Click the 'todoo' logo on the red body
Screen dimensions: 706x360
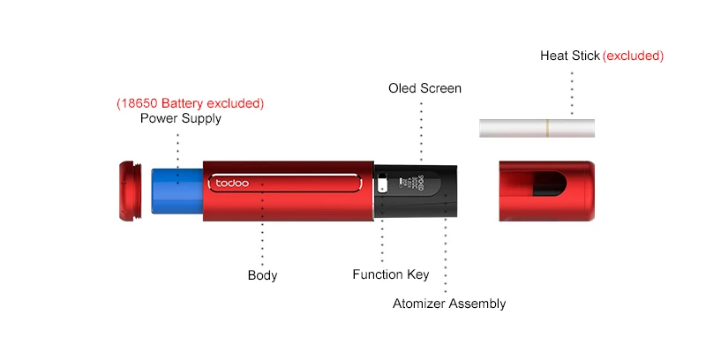pos(232,184)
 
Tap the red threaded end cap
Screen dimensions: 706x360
pos(130,191)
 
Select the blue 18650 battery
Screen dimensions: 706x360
pos(177,191)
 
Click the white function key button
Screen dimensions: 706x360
pos(382,184)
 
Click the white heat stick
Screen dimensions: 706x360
pos(537,128)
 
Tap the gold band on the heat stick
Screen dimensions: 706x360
pos(547,128)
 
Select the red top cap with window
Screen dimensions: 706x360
pos(546,191)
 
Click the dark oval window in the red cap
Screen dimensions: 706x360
pos(549,184)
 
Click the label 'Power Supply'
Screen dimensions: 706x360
pos(181,118)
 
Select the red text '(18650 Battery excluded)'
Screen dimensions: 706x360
pos(190,103)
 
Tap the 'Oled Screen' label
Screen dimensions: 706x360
pos(424,88)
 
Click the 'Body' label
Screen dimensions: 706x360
pos(262,275)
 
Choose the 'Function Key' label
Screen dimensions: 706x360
pos(391,274)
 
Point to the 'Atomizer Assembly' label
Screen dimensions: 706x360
pos(449,304)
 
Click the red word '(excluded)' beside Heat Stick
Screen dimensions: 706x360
pos(633,56)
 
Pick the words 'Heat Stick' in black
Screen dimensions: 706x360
pos(570,56)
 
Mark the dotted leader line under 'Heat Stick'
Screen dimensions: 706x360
pos(572,94)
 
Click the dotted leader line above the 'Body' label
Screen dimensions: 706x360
pos(262,224)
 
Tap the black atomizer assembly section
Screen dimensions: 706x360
pos(415,191)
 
